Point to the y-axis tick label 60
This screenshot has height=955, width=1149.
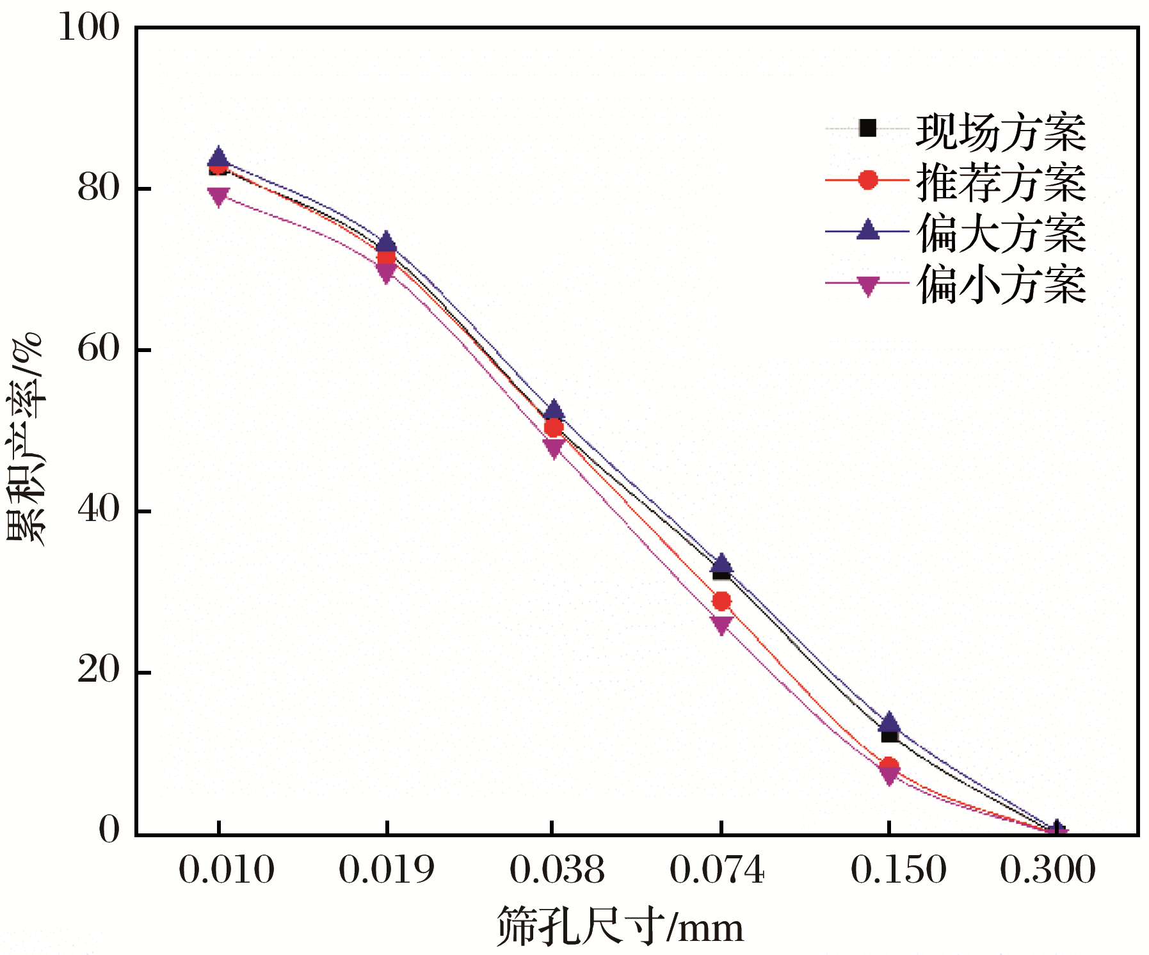99,349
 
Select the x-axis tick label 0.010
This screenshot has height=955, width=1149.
227,870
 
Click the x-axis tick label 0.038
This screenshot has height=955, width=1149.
557,870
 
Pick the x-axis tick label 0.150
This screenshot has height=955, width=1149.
898,870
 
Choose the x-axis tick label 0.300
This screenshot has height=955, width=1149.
1047,870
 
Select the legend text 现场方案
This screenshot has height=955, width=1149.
1000,132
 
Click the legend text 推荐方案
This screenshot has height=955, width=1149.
1000,182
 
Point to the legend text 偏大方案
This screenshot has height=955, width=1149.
1000,233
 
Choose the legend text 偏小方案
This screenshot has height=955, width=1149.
1000,284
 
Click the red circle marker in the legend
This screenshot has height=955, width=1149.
867,181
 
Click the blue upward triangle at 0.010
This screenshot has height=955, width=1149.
219,157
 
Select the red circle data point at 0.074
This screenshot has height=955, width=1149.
721,601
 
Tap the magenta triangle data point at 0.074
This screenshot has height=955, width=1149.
721,625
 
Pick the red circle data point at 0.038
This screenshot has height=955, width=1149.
554,427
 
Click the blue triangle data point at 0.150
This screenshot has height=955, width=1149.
888,723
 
